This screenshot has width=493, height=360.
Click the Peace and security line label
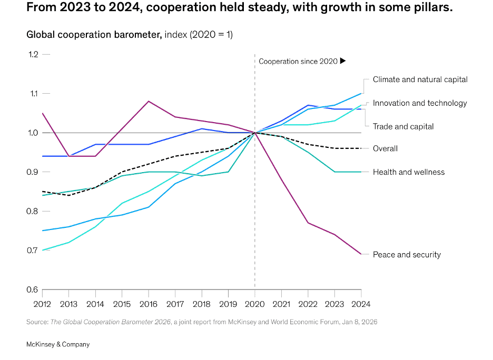(x=407, y=255)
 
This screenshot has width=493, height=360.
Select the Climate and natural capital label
(x=420, y=79)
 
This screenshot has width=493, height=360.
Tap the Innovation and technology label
(x=420, y=103)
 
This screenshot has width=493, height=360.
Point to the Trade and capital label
(x=403, y=126)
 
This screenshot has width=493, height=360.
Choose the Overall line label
(x=385, y=148)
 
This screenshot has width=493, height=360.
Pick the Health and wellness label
(x=408, y=172)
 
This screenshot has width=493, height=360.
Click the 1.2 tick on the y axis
(x=34, y=54)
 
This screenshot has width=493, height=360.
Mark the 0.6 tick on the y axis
(x=34, y=289)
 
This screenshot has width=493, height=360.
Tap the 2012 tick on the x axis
(x=42, y=304)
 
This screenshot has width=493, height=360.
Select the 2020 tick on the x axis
(x=254, y=304)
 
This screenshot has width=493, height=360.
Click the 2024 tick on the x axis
(x=361, y=304)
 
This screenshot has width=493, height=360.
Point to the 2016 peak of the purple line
(x=149, y=101)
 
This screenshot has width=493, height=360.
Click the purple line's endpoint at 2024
(x=361, y=254)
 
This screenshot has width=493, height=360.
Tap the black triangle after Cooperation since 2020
(x=343, y=61)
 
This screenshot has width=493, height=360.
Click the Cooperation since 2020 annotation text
(x=298, y=62)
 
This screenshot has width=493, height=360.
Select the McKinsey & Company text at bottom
(x=58, y=344)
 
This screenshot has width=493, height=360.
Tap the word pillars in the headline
(x=434, y=9)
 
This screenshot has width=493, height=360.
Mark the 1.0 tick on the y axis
(x=34, y=133)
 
